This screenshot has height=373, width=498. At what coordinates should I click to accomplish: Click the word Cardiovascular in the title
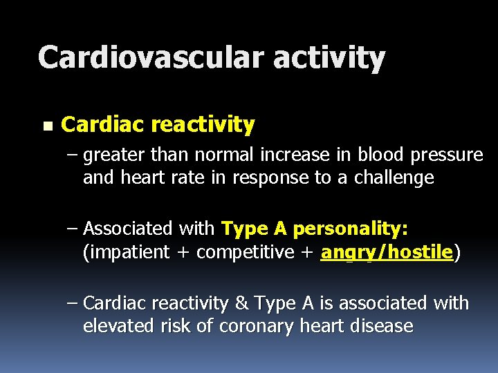pyautogui.click(x=151, y=57)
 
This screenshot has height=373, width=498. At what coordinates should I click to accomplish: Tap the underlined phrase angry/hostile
pyautogui.click(x=387, y=253)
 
